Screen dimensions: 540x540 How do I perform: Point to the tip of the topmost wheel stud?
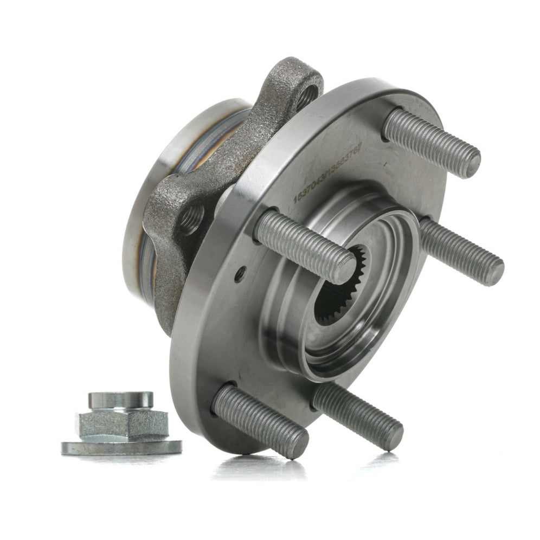(470, 162)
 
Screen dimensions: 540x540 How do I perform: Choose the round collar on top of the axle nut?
(120, 401)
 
